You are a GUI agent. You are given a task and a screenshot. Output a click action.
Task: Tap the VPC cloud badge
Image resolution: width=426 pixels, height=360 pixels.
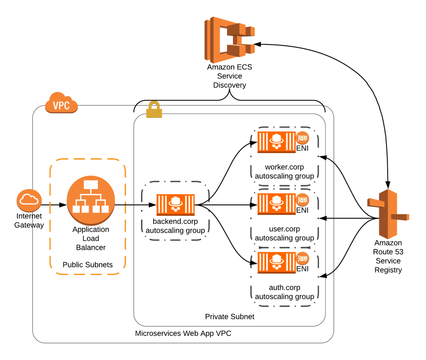(62, 104)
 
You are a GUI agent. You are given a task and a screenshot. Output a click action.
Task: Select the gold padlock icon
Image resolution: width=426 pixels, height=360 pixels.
(154, 110)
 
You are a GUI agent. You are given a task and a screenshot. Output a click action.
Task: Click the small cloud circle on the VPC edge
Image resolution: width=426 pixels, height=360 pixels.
(29, 200)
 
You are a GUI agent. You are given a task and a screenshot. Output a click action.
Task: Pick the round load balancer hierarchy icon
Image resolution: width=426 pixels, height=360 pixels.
(91, 200)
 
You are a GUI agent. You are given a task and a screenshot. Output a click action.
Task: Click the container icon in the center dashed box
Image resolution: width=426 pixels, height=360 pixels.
(176, 205)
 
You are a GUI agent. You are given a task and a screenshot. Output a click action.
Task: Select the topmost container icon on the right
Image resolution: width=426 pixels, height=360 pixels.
(276, 142)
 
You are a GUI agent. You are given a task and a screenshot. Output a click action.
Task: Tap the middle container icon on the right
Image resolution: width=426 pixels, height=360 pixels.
(276, 204)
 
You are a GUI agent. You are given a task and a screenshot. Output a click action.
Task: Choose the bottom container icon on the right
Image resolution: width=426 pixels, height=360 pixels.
(276, 262)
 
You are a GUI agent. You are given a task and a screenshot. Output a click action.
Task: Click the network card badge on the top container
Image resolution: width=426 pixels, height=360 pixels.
(302, 138)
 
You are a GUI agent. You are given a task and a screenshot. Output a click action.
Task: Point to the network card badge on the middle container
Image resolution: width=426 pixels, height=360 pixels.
(302, 200)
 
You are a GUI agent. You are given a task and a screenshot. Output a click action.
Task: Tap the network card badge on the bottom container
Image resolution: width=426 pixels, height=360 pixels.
(302, 258)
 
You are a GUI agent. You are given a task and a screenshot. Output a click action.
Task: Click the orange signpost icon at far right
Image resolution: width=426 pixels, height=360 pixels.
(388, 214)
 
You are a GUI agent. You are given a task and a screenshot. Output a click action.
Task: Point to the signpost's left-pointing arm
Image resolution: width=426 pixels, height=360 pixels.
(373, 203)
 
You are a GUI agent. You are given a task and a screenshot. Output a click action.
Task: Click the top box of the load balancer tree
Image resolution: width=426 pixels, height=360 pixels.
(90, 184)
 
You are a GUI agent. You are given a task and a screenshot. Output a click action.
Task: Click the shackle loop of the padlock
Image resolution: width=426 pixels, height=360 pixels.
(154, 105)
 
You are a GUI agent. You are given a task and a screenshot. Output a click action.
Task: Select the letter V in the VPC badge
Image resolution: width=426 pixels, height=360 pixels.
(56, 106)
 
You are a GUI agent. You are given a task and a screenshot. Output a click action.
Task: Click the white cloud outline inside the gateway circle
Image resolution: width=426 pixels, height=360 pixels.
(29, 200)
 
